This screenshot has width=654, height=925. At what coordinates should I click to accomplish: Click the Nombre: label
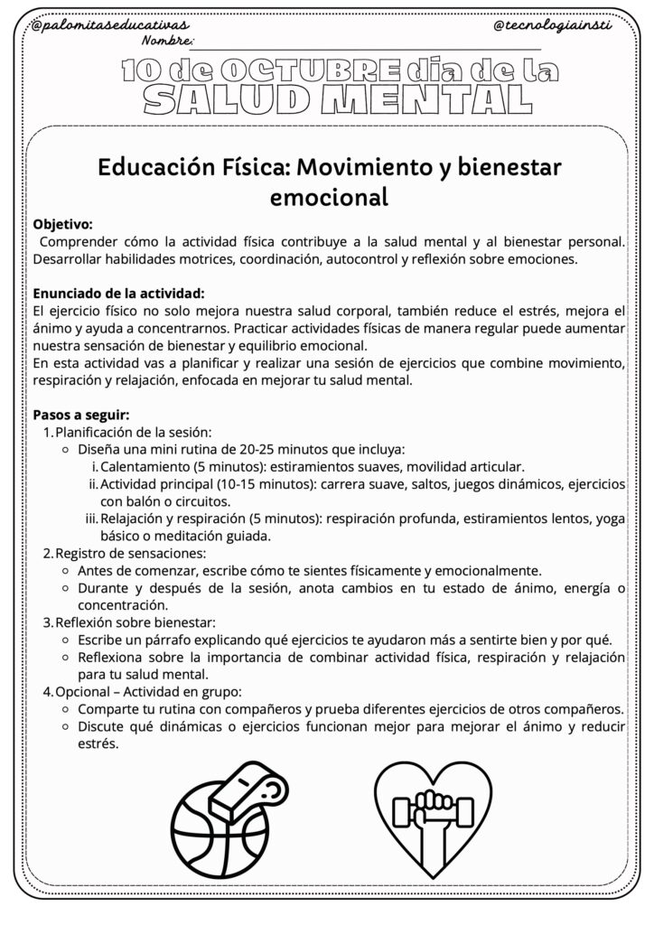pyautogui.click(x=168, y=42)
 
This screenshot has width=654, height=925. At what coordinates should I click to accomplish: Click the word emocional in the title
pyautogui.click(x=329, y=196)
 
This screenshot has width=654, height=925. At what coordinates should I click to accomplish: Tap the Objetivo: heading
pyautogui.click(x=62, y=223)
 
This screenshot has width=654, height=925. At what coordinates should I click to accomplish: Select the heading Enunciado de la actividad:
pyautogui.click(x=118, y=293)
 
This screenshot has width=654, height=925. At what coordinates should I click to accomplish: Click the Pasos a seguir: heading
pyautogui.click(x=81, y=415)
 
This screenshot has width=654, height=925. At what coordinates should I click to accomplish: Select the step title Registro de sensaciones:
pyautogui.click(x=130, y=553)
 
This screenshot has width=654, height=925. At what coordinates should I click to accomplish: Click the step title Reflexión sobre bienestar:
pyautogui.click(x=135, y=622)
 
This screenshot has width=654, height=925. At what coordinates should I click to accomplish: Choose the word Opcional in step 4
pyautogui.click(x=83, y=691)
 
